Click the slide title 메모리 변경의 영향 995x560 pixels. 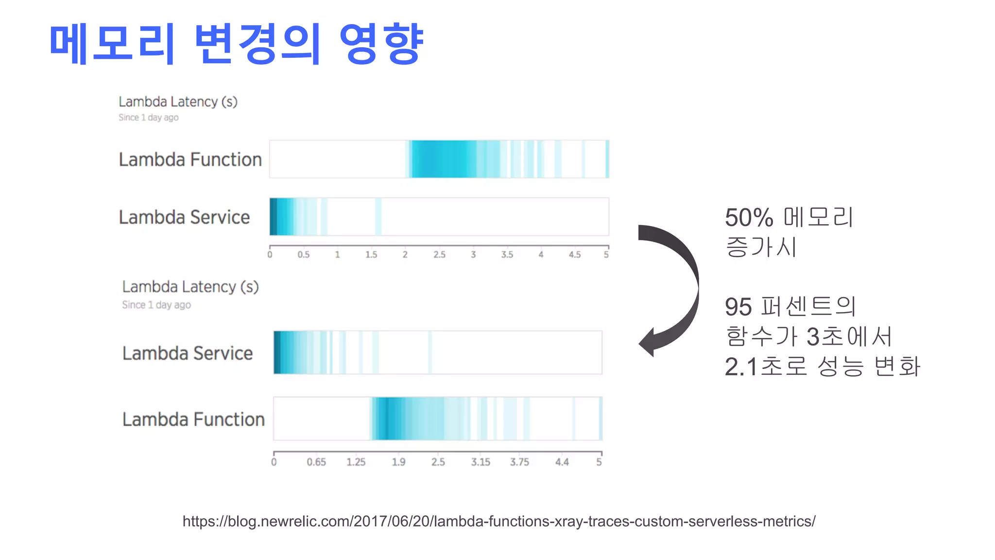(236, 44)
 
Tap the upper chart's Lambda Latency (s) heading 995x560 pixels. (178, 102)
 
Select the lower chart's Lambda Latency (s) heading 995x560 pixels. (190, 287)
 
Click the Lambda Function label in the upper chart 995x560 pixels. (190, 159)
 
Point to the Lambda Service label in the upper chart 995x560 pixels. (184, 217)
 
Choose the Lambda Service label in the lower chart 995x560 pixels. (188, 353)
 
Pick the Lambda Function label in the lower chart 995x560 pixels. (193, 419)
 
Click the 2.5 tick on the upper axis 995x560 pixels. (439, 254)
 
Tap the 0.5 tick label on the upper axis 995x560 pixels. (303, 254)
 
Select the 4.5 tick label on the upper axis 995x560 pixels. (575, 254)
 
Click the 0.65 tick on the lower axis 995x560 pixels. (316, 462)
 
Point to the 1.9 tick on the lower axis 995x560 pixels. (398, 462)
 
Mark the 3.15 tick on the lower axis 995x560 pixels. (480, 462)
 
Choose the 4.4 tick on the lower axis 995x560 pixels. (562, 462)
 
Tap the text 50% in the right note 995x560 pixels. (749, 217)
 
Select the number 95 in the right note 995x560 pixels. (738, 307)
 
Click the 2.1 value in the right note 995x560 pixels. (741, 367)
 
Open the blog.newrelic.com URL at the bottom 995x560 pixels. (499, 521)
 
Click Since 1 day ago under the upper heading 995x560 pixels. (148, 118)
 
